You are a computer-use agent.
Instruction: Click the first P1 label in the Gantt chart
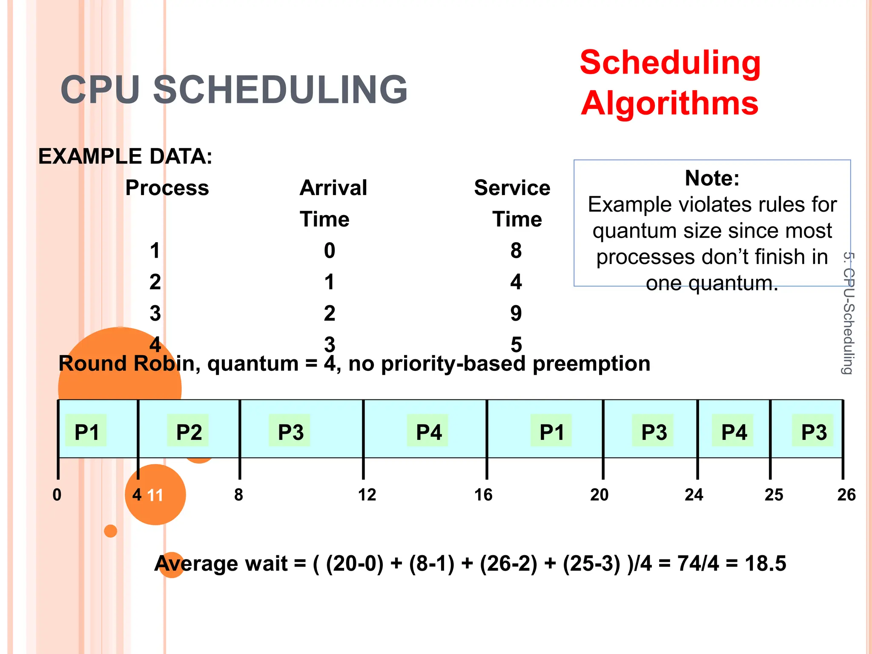[x=86, y=432]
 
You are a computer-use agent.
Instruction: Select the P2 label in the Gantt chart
[x=189, y=432]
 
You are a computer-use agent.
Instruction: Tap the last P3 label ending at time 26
[x=813, y=432]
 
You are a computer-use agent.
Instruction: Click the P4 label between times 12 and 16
[x=428, y=432]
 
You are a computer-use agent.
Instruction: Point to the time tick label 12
[x=367, y=495]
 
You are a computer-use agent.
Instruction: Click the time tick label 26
[x=846, y=495]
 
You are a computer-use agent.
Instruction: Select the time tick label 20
[x=599, y=495]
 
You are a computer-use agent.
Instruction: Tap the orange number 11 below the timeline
[x=155, y=495]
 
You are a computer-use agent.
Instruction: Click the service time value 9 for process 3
[x=516, y=313]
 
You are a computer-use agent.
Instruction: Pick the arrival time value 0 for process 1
[x=329, y=250]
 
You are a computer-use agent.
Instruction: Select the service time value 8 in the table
[x=516, y=250]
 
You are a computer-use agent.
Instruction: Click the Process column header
[x=167, y=188]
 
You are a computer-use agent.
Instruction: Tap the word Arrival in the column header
[x=333, y=188]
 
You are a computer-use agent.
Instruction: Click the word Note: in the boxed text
[x=712, y=178]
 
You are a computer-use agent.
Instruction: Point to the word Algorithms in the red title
[x=669, y=103]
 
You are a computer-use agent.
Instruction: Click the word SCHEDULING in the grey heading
[x=280, y=90]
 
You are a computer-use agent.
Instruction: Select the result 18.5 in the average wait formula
[x=765, y=563]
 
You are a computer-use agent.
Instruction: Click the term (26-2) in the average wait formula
[x=508, y=563]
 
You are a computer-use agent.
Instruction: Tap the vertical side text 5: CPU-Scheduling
[x=848, y=313]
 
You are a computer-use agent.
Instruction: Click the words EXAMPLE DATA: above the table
[x=125, y=156]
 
